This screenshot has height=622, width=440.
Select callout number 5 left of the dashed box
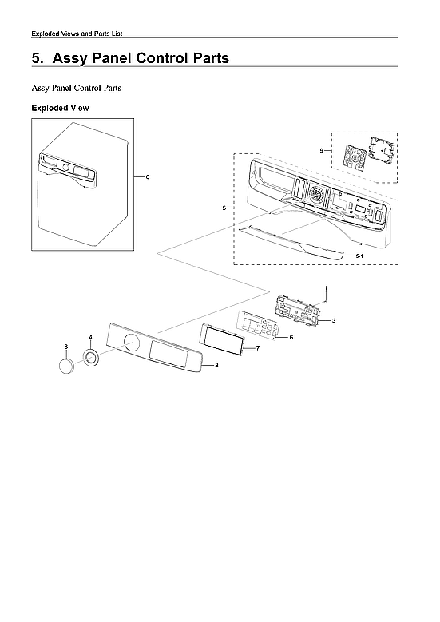coord(224,208)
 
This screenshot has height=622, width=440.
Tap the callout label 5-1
coord(359,255)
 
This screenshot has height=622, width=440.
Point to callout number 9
coord(320,151)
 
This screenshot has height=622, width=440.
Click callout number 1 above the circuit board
coord(325,287)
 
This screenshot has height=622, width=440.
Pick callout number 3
coord(333,320)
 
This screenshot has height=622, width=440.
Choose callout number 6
coord(291,338)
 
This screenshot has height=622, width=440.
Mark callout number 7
coord(258,349)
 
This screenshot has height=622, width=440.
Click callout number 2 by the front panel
coord(217,365)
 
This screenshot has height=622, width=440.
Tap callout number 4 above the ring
coord(90,338)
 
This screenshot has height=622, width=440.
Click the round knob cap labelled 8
coord(67,366)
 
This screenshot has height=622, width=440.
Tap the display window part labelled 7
coord(224,339)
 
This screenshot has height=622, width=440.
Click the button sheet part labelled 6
coord(256,326)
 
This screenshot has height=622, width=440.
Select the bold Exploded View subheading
coord(60,107)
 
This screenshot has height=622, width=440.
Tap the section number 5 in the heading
coord(35,58)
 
